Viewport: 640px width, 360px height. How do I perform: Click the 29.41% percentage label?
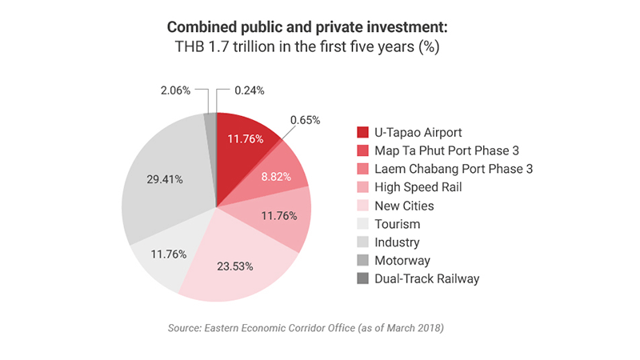pos(164,179)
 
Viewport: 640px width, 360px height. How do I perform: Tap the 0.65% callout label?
pos(306,121)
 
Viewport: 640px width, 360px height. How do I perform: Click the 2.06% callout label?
pos(174,90)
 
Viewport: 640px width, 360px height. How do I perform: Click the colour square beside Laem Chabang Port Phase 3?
pos(362,169)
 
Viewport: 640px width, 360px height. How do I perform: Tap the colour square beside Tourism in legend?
pos(362,224)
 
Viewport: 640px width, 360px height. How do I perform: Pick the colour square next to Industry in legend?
pos(362,242)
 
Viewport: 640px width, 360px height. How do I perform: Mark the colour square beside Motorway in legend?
pos(362,260)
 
